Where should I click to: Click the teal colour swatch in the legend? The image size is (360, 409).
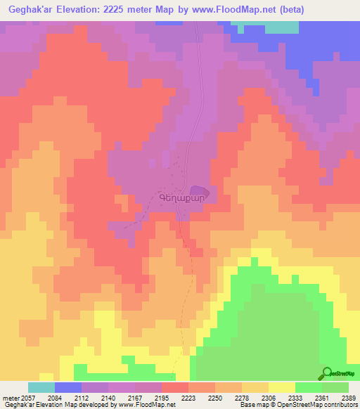pos(41,387)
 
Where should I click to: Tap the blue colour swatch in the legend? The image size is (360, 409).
pos(68,387)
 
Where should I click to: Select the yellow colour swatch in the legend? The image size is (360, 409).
pos(281,387)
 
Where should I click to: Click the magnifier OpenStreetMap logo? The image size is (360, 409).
pos(327,373)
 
